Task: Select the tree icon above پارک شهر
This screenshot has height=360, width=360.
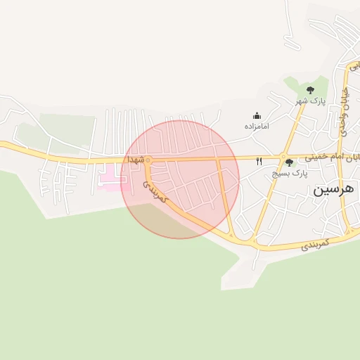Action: point(310,89)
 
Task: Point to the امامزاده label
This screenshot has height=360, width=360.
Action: point(257,126)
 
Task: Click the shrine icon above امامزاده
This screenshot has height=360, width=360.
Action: point(257,115)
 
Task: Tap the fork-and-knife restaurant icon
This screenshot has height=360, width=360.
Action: point(259,162)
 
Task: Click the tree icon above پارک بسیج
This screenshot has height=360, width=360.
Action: point(289,162)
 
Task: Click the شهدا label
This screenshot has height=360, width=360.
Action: point(135,160)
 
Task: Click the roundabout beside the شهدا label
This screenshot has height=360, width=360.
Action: point(148,160)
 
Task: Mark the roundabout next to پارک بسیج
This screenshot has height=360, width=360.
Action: point(283,157)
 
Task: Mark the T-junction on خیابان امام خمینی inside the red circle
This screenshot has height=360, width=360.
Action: point(218,159)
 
